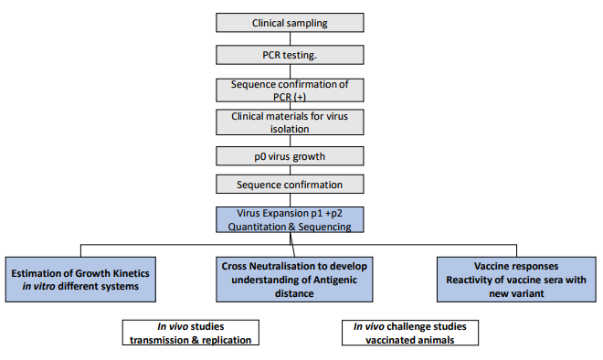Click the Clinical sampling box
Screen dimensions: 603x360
click(x=290, y=23)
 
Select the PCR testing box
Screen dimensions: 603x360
click(x=290, y=55)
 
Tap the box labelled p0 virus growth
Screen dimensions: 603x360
click(x=290, y=156)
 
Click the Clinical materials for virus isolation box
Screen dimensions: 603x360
click(x=290, y=122)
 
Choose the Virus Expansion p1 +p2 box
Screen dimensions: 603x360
click(x=290, y=219)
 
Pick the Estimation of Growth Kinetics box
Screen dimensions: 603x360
click(x=80, y=280)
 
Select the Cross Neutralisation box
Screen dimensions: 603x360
click(x=294, y=280)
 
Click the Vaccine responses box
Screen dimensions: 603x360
click(x=516, y=280)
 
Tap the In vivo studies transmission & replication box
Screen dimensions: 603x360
click(x=190, y=333)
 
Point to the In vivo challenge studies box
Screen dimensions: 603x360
click(x=410, y=333)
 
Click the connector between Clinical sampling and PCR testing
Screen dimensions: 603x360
click(x=290, y=39)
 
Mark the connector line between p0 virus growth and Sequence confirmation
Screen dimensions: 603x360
click(x=290, y=170)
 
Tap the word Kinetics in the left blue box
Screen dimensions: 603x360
click(x=131, y=273)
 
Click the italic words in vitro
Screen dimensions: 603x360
click(x=39, y=287)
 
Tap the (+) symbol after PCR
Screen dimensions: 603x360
click(x=300, y=97)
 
